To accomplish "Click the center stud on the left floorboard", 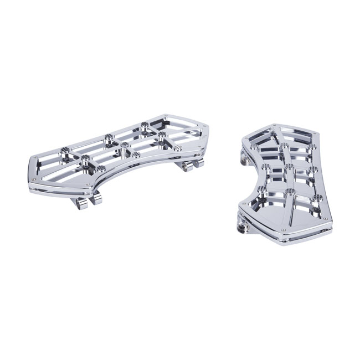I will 125,145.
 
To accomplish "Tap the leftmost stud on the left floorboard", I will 65,150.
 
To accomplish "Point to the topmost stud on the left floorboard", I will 145,124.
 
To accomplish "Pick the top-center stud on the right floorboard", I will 284,146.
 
